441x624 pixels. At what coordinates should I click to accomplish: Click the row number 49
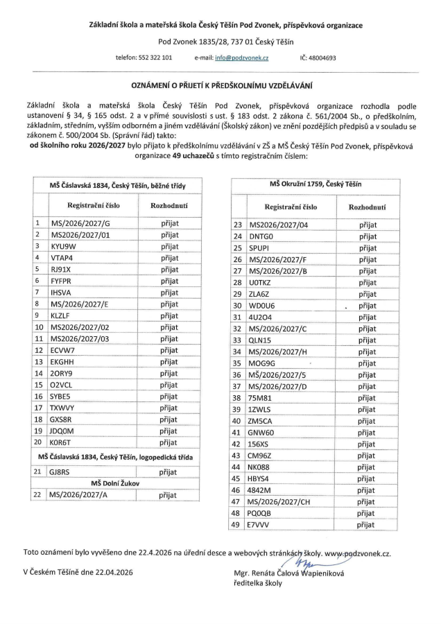(238, 525)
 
